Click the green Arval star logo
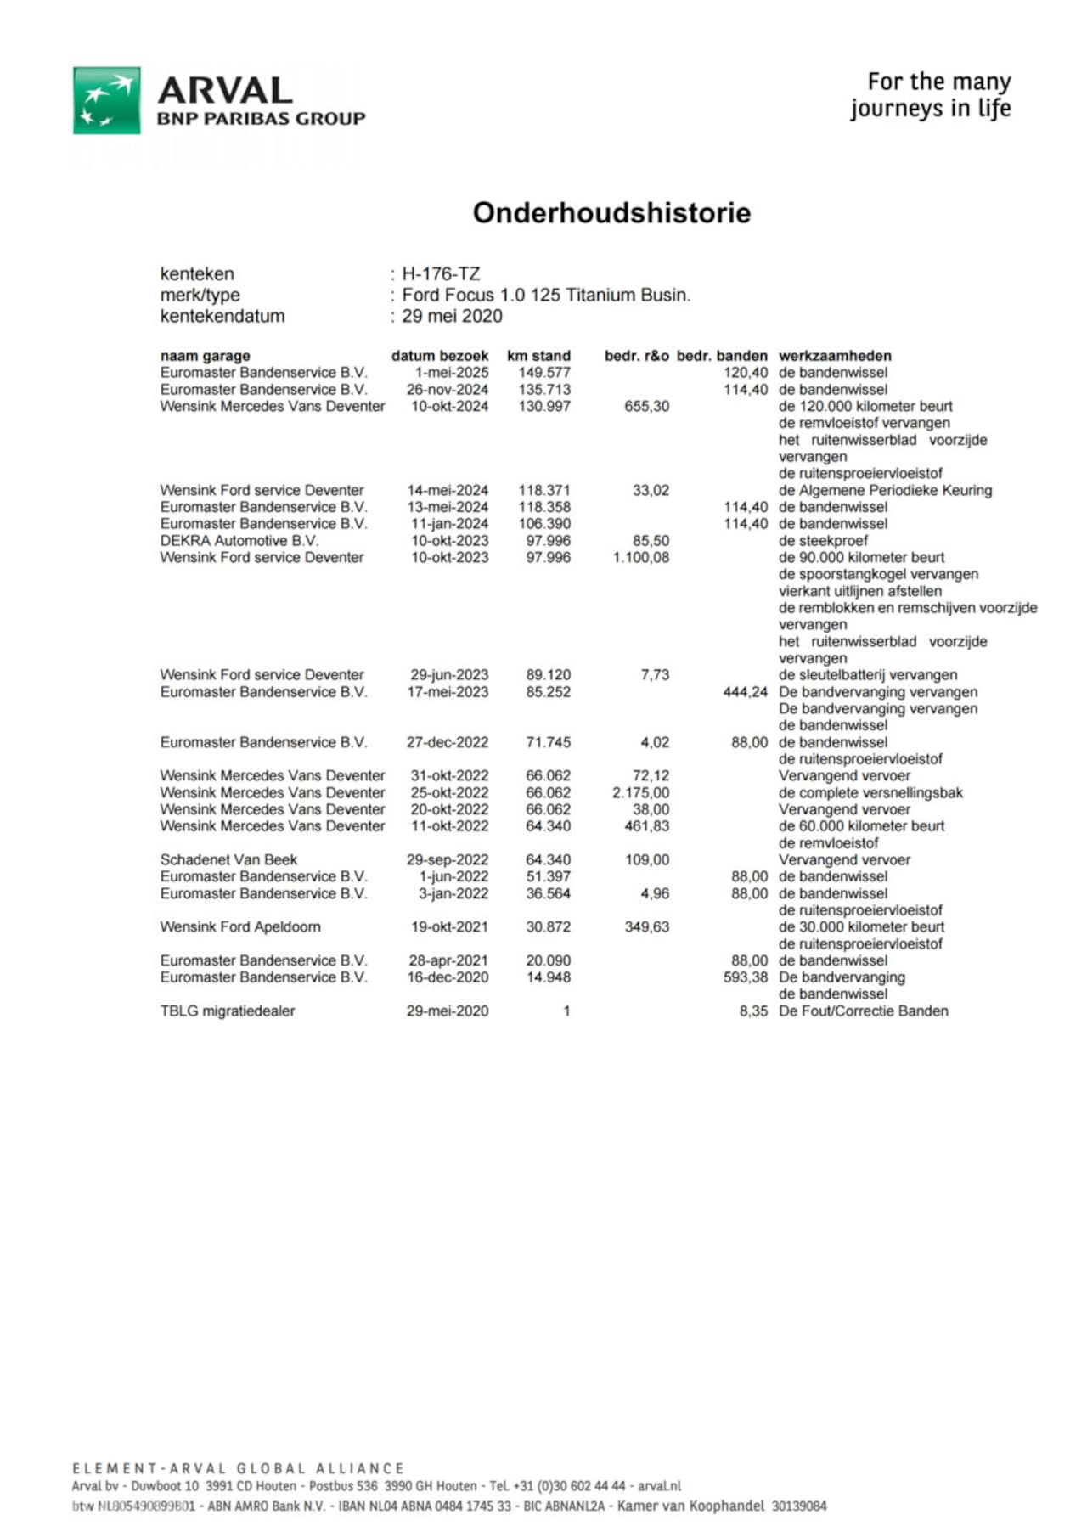click(x=106, y=100)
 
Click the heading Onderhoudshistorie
click(x=611, y=212)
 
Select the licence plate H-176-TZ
click(x=441, y=274)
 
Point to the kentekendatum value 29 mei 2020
click(x=452, y=316)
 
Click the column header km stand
click(x=538, y=356)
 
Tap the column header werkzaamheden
click(x=835, y=356)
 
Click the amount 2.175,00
click(x=640, y=792)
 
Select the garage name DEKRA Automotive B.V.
click(x=239, y=541)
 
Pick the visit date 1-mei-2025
click(x=452, y=373)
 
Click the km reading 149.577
click(x=544, y=373)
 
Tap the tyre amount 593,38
click(x=745, y=977)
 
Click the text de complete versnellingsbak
click(x=870, y=792)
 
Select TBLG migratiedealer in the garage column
click(x=228, y=1011)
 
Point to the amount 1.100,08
click(x=640, y=558)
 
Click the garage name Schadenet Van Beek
click(x=228, y=860)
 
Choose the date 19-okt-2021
click(x=449, y=927)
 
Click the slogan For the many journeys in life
click(x=931, y=95)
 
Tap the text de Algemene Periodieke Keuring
click(x=885, y=491)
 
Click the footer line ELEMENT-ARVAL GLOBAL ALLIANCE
click(x=238, y=1468)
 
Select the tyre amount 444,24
click(x=745, y=692)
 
